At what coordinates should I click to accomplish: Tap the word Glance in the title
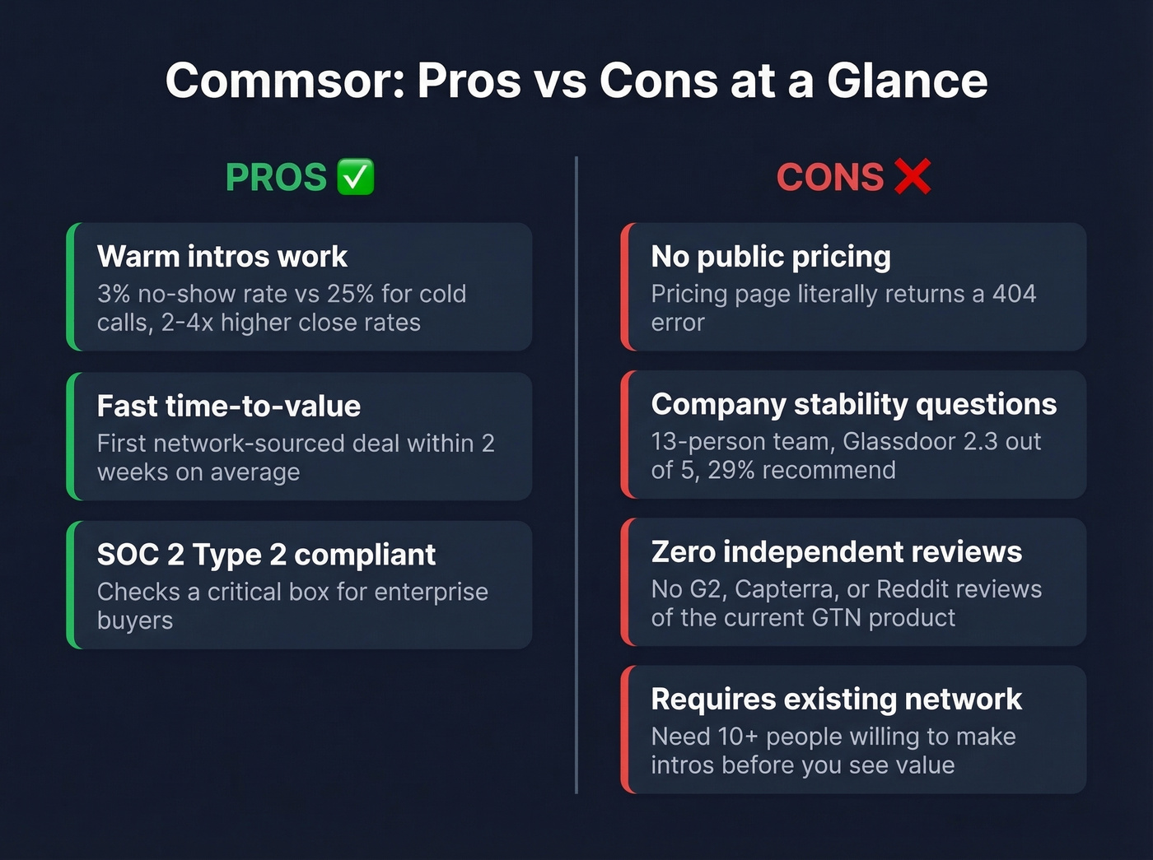coord(907,81)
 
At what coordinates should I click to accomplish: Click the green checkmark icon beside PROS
coord(356,177)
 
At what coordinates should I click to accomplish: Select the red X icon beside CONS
coord(912,177)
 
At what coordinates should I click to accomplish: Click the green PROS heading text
coord(276,178)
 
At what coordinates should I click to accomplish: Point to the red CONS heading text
coord(830,178)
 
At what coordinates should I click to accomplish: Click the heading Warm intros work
coord(222,257)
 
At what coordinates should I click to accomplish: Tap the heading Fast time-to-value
coord(228,407)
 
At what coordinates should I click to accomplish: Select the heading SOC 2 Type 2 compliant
coord(266,556)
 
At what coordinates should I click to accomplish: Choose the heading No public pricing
coord(771,257)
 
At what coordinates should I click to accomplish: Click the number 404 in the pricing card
coord(1014,294)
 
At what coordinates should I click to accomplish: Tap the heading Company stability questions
coord(854,404)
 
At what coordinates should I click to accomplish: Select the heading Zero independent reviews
coord(836,552)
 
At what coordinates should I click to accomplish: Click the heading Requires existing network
coord(836,700)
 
